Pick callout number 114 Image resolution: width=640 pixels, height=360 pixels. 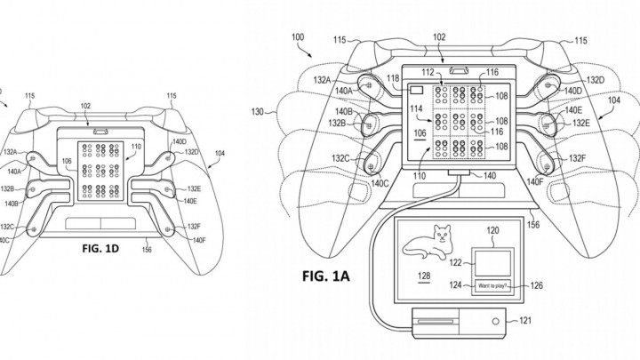414,109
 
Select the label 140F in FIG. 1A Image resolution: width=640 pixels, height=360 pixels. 536,180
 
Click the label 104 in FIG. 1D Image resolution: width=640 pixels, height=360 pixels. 220,153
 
